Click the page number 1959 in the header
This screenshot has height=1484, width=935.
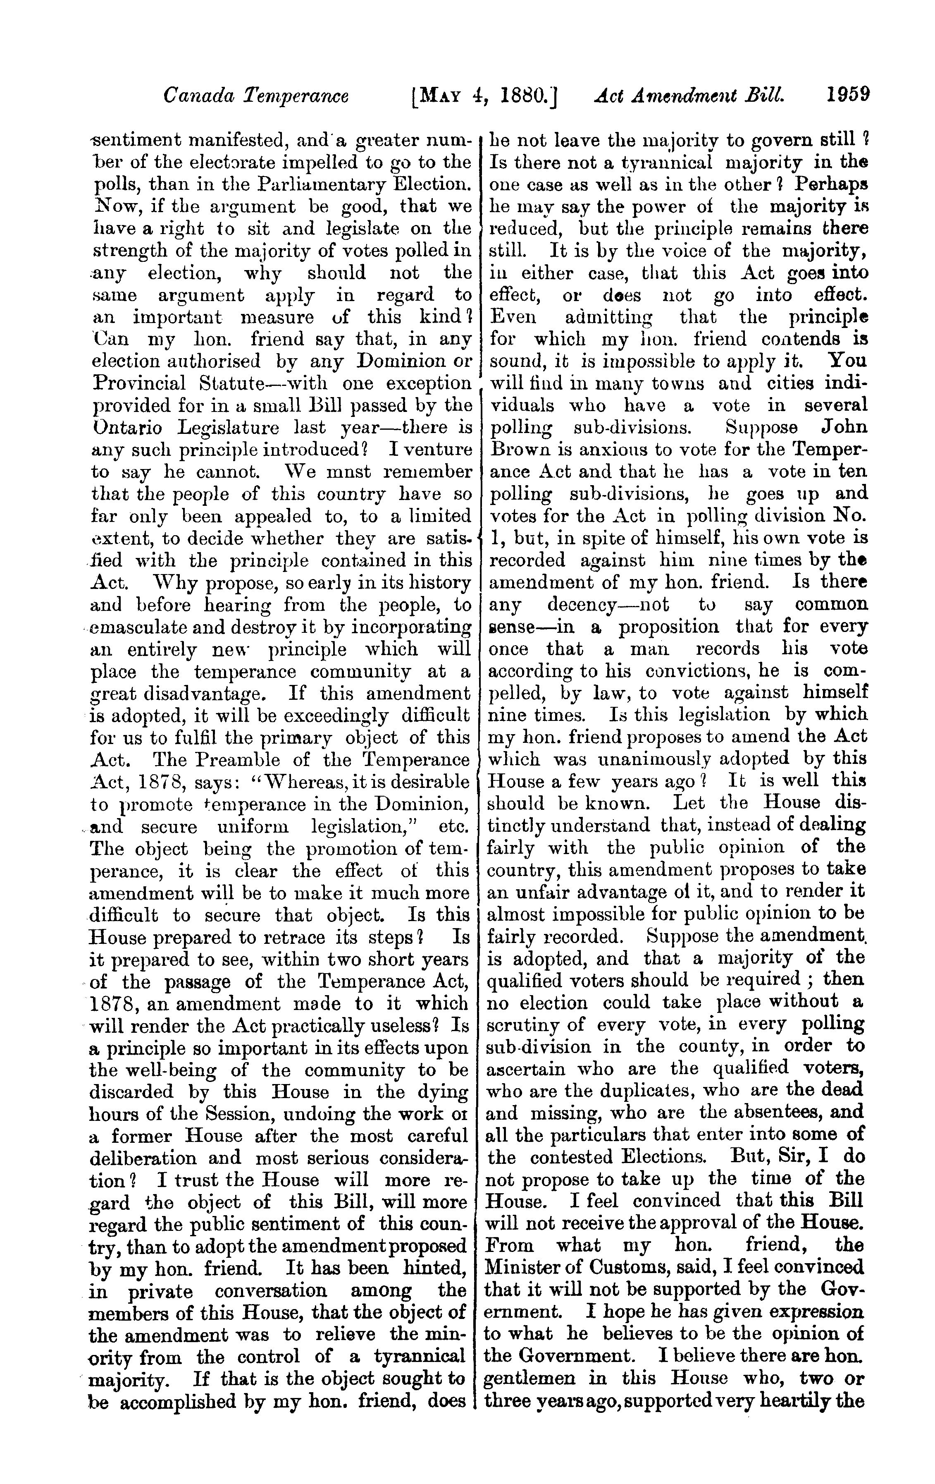coord(847,96)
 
